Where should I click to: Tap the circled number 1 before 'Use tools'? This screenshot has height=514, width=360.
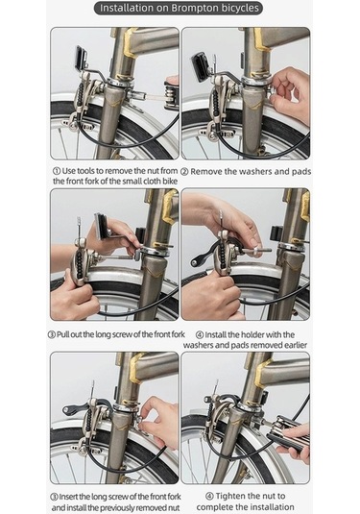coord(57,171)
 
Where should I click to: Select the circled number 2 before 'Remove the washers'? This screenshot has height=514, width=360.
coord(184,172)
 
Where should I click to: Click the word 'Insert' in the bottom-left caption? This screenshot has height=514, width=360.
coord(68,497)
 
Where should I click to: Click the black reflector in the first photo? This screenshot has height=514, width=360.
coord(81,59)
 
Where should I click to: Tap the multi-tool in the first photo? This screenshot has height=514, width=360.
coord(171,96)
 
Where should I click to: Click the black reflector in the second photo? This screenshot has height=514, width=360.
coord(200,68)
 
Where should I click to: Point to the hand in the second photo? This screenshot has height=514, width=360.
coord(291,95)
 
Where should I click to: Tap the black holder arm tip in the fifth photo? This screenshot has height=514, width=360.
coord(67,410)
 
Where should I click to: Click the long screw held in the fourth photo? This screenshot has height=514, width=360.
coord(257,251)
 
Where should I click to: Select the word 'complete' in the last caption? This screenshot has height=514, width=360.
coord(217,506)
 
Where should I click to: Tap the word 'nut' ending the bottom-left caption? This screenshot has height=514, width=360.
coord(173,508)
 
